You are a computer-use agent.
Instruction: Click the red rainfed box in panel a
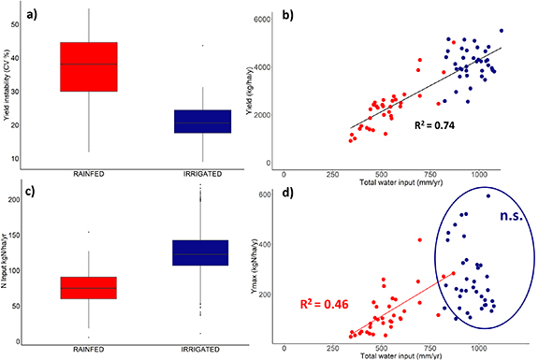(89, 66)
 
